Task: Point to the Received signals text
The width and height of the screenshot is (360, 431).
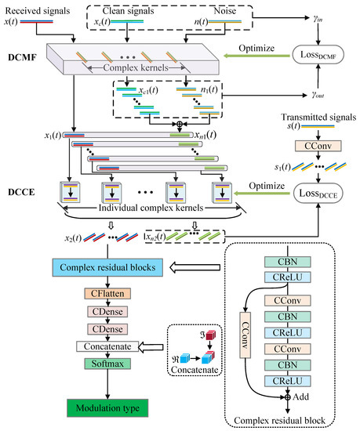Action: point(35,8)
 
